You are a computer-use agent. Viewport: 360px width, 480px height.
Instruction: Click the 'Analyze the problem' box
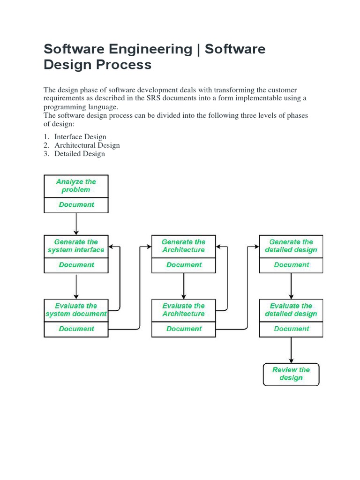(76, 186)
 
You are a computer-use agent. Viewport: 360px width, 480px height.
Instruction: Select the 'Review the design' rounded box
(291, 374)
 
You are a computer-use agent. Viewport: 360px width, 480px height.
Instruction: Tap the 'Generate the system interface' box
(76, 246)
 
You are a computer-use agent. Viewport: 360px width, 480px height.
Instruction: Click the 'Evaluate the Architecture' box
(184, 310)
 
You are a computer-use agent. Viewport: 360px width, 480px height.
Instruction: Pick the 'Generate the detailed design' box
(291, 246)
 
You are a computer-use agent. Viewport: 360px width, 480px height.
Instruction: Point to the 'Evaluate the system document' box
(76, 310)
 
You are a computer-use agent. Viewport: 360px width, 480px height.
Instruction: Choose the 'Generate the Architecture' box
(184, 246)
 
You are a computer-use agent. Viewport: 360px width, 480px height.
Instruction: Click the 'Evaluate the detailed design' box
(291, 310)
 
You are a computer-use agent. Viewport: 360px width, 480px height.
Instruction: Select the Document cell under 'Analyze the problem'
(76, 205)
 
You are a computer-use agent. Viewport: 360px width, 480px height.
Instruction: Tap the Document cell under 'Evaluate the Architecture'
(184, 329)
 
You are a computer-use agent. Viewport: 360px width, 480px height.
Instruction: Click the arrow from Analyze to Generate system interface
(76, 224)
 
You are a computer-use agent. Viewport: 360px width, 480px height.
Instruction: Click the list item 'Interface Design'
(80, 137)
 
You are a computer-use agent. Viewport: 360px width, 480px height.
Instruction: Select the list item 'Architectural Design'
(87, 145)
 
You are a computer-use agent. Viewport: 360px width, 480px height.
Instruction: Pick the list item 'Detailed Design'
(80, 154)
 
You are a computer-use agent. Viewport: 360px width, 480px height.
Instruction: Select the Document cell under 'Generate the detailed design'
(291, 265)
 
